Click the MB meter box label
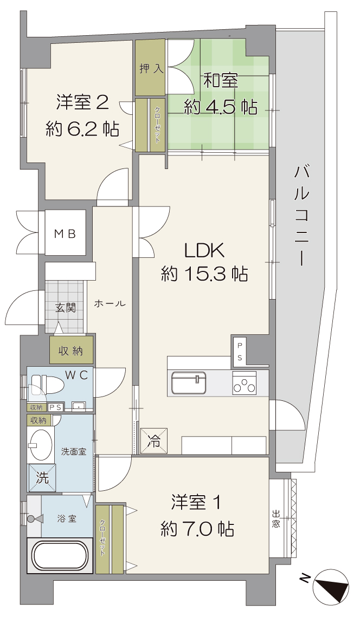point(65,233)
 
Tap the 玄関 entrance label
point(65,307)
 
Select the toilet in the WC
point(46,385)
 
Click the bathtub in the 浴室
point(60,556)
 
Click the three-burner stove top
point(245,382)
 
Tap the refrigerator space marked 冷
point(153,440)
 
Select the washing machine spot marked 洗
point(42,478)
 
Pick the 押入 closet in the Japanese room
point(150,67)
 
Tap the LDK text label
point(204,251)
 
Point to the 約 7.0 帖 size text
point(197,529)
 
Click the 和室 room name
point(221,81)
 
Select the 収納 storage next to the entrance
point(72,351)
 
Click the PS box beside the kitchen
point(240,351)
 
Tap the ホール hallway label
point(110,304)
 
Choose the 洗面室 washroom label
point(74,452)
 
